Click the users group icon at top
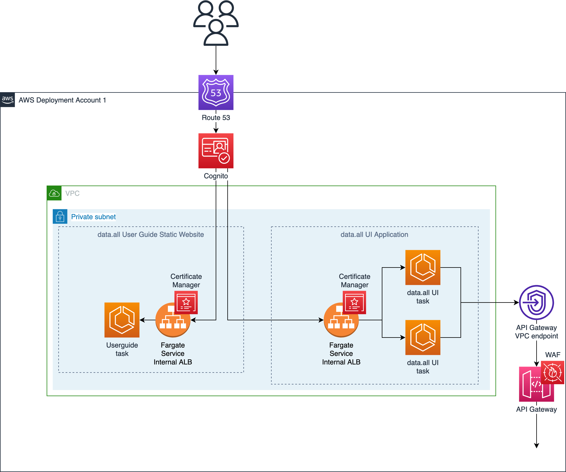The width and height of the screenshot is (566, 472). tap(216, 23)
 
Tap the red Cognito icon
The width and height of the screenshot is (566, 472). tap(216, 151)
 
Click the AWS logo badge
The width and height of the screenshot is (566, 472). tap(7, 100)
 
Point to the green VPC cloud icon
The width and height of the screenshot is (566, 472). tap(54, 193)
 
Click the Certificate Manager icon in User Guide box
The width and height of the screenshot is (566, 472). tap(186, 302)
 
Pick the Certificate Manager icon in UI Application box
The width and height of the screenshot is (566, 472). tap(354, 302)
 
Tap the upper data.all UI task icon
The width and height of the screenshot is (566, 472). tap(423, 267)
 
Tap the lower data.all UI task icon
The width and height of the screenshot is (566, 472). tap(423, 337)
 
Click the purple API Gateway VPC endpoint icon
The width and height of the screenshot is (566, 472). tap(536, 302)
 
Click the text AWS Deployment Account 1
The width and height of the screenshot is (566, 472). tap(62, 100)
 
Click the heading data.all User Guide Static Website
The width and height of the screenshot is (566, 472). tap(150, 234)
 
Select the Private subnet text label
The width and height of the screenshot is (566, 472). tap(93, 217)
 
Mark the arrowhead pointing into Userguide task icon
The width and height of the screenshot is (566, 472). tap(142, 320)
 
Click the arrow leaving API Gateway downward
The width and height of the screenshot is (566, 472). tap(536, 432)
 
